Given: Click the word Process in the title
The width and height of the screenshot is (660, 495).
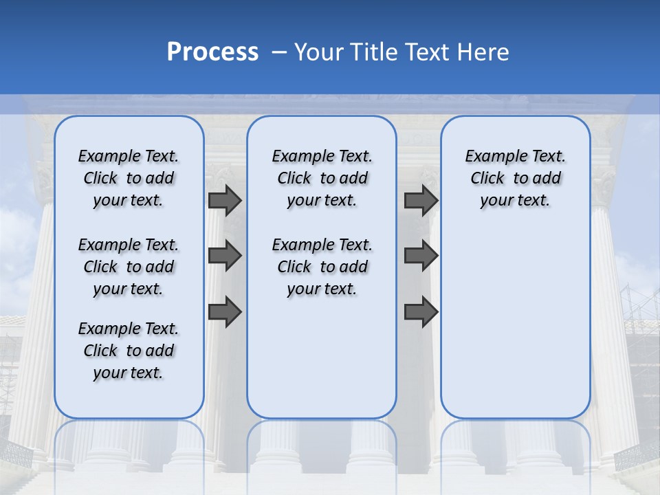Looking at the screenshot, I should click(x=212, y=52).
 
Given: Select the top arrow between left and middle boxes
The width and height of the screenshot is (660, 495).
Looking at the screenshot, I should click(x=225, y=200).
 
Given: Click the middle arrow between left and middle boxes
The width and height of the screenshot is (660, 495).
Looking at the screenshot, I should click(x=225, y=256).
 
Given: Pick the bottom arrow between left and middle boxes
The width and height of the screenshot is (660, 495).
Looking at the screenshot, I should click(x=225, y=311).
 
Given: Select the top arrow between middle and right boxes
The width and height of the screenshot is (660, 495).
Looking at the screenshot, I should click(x=421, y=200).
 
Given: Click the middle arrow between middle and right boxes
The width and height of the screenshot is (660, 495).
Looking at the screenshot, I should click(x=421, y=256).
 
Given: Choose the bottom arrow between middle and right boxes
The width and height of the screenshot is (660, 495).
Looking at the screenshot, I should click(x=421, y=311).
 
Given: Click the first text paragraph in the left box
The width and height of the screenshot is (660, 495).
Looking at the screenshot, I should click(x=129, y=178).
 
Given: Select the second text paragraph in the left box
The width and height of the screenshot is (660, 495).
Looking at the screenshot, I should click(x=129, y=267).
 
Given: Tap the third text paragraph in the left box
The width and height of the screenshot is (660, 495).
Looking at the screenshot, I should click(x=129, y=351).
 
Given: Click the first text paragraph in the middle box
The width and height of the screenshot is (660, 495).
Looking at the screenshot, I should click(x=322, y=178).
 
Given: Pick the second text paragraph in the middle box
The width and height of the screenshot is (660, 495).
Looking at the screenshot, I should click(x=322, y=267).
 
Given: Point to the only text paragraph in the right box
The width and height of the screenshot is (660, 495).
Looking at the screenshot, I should click(x=515, y=178).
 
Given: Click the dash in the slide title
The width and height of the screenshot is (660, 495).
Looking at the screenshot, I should click(x=279, y=52).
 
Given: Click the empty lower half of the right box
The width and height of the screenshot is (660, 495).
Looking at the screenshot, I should click(x=515, y=330).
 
